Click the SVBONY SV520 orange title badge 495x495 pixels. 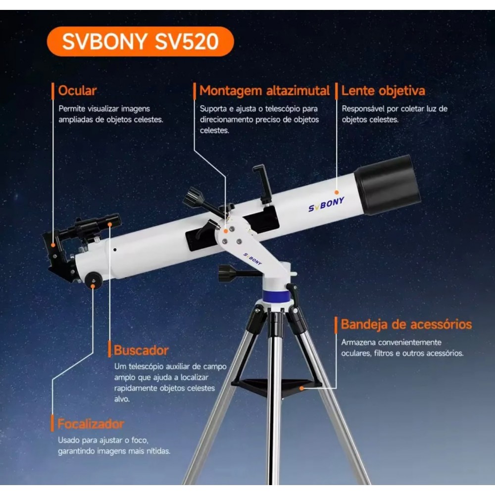(x=141, y=42)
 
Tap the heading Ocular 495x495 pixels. (x=77, y=91)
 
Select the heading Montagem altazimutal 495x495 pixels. (x=264, y=91)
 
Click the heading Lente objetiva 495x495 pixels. (x=383, y=91)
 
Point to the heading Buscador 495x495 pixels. (x=141, y=350)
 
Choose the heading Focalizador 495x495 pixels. (x=91, y=424)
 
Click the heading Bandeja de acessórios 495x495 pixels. (x=406, y=324)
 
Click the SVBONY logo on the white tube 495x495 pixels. (x=326, y=204)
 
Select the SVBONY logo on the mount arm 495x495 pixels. (x=252, y=259)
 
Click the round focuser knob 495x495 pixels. (x=94, y=280)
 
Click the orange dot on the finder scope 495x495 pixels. (x=109, y=224)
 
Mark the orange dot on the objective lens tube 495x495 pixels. (x=337, y=192)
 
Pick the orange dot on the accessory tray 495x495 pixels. (x=302, y=388)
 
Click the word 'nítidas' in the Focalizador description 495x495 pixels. (x=158, y=451)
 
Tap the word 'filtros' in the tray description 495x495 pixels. (x=384, y=353)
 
